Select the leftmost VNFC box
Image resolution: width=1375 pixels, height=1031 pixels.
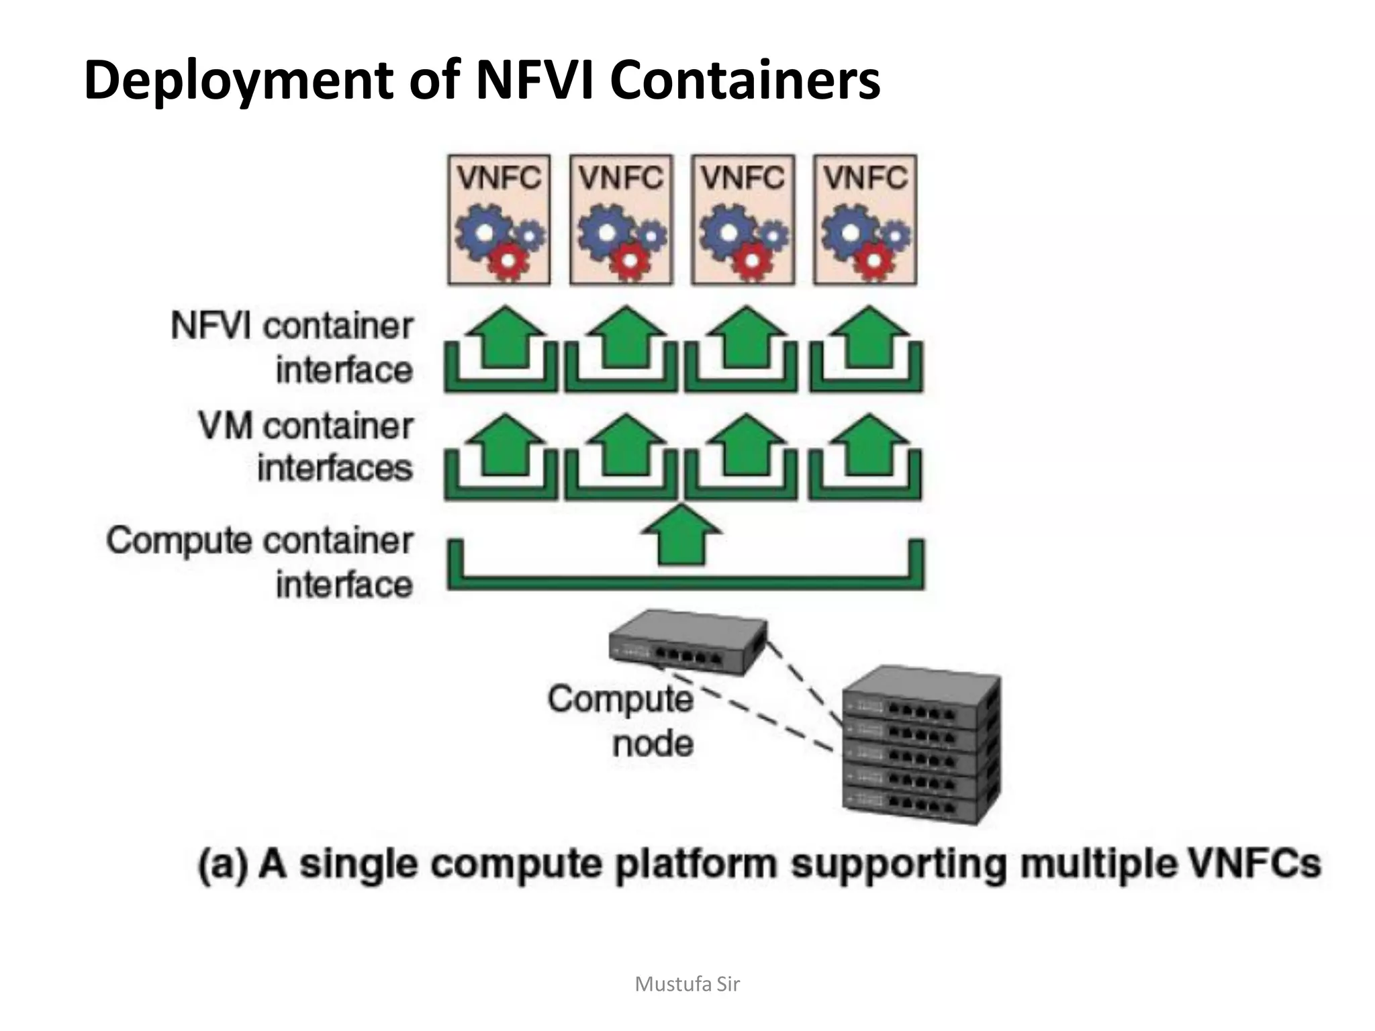pyautogui.click(x=499, y=219)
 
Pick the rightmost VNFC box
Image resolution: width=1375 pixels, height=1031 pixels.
pyautogui.click(x=865, y=219)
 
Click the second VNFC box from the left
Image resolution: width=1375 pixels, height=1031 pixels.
pyautogui.click(x=621, y=219)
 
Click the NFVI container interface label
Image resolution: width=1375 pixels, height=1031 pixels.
pyautogui.click(x=292, y=348)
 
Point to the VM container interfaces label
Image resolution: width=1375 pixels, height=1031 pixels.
pyautogui.click(x=305, y=446)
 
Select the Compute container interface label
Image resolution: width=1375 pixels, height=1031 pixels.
pyautogui.click(x=260, y=562)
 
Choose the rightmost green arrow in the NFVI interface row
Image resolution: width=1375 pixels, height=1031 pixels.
pyautogui.click(x=869, y=338)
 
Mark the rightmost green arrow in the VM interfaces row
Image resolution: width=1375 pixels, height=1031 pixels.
pyautogui.click(x=869, y=445)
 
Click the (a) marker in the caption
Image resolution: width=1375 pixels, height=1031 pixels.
pyautogui.click(x=222, y=864)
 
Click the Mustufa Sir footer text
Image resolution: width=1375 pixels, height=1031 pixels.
pyautogui.click(x=687, y=984)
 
